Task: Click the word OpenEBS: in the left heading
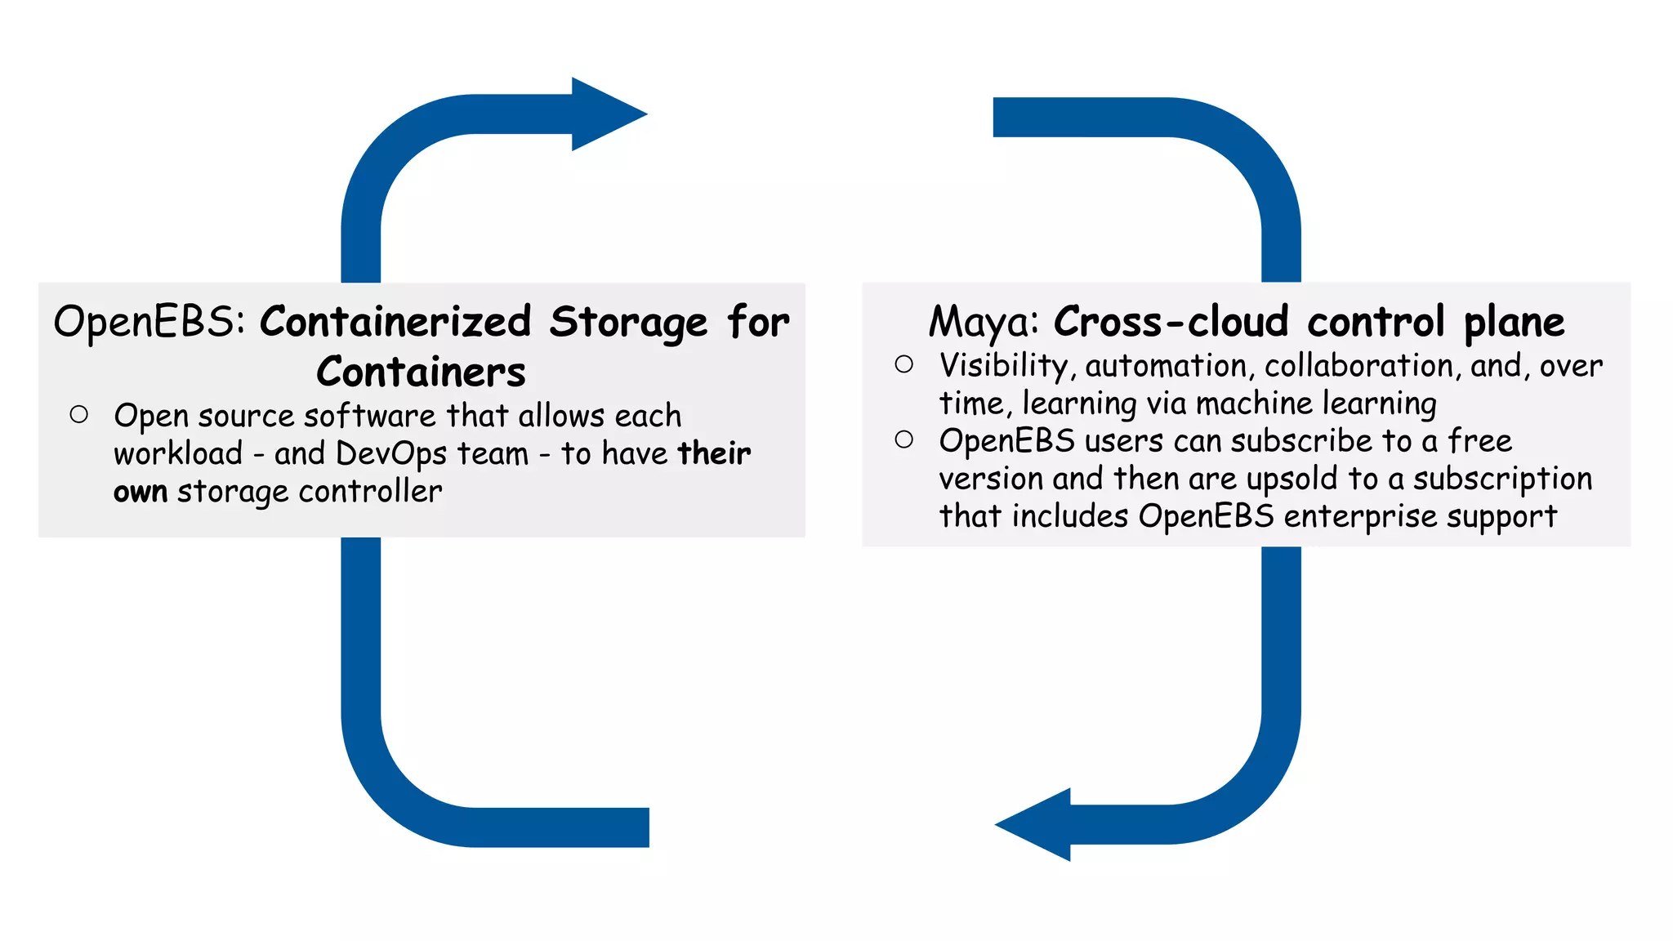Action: (149, 322)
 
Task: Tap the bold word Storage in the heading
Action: (628, 322)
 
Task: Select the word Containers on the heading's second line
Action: (421, 372)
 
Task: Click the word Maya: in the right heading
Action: (984, 322)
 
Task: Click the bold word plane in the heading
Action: (1514, 322)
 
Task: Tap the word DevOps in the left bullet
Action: (391, 454)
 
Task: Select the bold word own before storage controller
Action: (141, 492)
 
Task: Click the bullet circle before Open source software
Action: (79, 415)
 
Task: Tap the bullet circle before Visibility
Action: (903, 364)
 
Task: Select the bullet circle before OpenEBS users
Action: (903, 439)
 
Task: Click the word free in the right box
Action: (1479, 441)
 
